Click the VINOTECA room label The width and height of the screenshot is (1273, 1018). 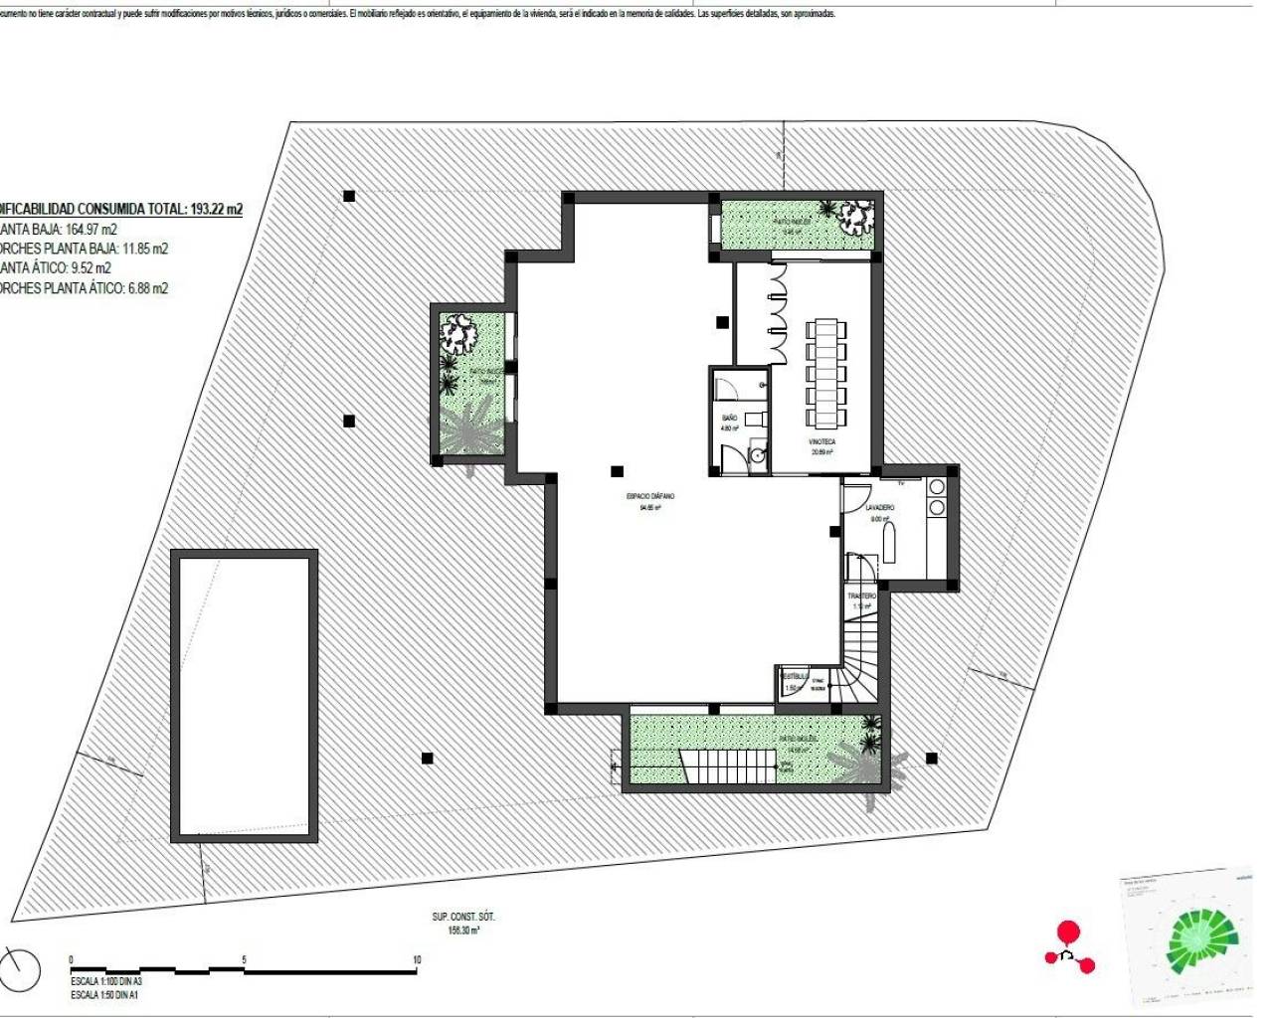[821, 441]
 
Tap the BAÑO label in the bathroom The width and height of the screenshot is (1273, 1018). [729, 418]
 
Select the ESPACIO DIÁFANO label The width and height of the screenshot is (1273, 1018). [650, 496]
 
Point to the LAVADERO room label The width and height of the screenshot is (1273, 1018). [879, 508]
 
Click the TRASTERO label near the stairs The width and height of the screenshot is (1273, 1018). [861, 595]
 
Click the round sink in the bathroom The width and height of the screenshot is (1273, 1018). [757, 456]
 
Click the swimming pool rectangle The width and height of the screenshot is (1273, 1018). [245, 695]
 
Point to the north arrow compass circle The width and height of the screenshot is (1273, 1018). [20, 968]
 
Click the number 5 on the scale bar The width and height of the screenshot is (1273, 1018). [244, 959]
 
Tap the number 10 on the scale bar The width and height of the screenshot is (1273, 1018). [417, 959]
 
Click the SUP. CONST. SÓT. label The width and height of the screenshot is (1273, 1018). [463, 917]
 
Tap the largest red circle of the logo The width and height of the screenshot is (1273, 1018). [1067, 932]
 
